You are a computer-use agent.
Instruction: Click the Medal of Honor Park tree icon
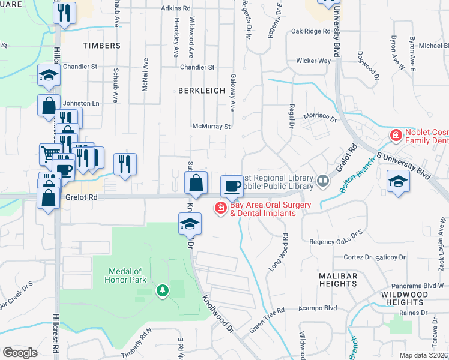click(x=161, y=291)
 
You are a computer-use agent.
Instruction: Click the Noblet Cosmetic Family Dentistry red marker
click(x=396, y=136)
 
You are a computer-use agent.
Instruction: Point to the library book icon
click(x=323, y=180)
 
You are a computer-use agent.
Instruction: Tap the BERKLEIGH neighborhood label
click(x=201, y=90)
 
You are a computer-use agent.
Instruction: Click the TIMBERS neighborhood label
click(x=101, y=46)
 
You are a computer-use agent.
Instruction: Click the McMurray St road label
click(x=211, y=127)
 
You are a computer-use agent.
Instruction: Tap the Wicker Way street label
click(x=313, y=61)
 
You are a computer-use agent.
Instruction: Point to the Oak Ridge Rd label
click(x=310, y=31)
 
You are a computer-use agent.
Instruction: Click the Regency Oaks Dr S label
click(x=336, y=232)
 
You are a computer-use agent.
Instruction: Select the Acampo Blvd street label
click(x=318, y=308)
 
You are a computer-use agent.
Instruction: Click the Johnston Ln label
click(x=81, y=103)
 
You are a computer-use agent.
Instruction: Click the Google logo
click(x=20, y=352)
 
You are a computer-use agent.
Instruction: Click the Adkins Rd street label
click(x=176, y=9)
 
